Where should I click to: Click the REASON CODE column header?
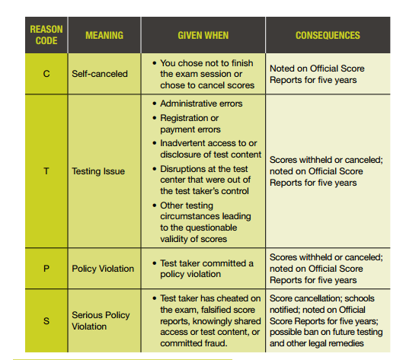[46, 35]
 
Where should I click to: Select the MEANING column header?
[104, 35]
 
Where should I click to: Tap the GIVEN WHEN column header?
[203, 35]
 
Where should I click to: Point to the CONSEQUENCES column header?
[328, 35]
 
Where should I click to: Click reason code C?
[46, 74]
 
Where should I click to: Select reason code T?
[46, 171]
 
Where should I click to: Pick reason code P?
[46, 269]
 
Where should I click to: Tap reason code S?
[46, 320]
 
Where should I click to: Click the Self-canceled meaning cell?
[100, 74]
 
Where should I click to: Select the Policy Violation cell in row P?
[103, 269]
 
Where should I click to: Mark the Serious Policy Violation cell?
[101, 320]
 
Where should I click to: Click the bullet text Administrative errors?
[201, 104]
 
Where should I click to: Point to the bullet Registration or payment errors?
[190, 124]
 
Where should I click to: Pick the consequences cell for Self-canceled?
[317, 74]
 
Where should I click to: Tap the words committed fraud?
[194, 342]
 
